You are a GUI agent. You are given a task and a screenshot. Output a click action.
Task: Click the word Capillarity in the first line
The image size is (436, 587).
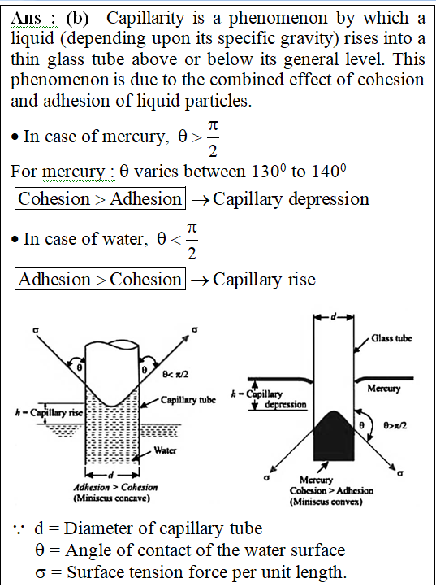coord(145,18)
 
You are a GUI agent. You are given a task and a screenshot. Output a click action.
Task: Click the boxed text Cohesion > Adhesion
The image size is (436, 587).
coord(100,198)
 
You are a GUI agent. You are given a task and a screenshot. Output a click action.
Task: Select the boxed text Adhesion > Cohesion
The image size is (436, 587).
coord(100,279)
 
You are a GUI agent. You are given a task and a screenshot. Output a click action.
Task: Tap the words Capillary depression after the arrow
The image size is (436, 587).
coord(291,199)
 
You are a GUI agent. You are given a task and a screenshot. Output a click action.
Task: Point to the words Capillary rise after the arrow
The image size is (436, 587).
coord(265,280)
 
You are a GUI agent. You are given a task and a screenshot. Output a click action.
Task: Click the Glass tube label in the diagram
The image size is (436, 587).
coord(391,338)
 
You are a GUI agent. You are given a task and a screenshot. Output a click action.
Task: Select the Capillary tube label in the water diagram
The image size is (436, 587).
coord(188,400)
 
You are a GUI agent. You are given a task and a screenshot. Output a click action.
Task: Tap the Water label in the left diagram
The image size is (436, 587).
coord(165,450)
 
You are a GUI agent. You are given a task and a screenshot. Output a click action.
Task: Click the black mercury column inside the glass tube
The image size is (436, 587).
coord(334,438)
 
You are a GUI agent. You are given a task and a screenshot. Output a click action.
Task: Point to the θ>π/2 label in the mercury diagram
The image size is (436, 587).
coord(395,425)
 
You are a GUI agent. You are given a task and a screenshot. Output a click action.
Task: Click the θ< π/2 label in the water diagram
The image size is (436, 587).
coord(175,374)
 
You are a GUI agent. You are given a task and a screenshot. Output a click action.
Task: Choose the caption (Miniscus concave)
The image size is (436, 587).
coord(111,498)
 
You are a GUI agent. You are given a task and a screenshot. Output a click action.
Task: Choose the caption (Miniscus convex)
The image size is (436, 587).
coord(326,502)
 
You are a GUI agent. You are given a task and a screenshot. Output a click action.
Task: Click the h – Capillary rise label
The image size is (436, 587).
coord(49,412)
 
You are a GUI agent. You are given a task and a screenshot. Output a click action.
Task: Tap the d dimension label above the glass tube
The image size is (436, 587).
coord(333,317)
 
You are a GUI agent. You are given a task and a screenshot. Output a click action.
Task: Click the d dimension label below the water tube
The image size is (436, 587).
coord(110,475)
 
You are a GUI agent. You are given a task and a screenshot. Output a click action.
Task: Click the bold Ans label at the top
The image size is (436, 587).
coord(26,18)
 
